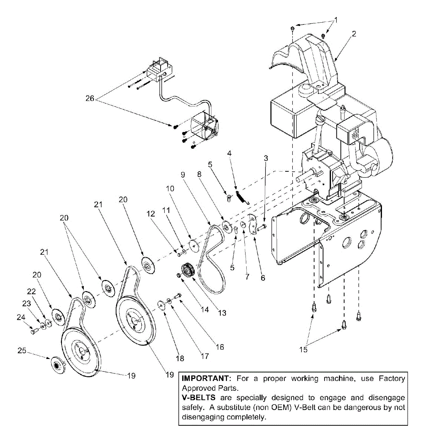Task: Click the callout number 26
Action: click(x=90, y=99)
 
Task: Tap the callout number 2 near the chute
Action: click(x=354, y=34)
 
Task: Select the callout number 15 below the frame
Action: click(x=303, y=349)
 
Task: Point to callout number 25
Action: click(x=22, y=350)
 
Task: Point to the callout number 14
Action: click(x=205, y=309)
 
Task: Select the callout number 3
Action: click(x=266, y=158)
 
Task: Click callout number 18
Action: click(x=180, y=358)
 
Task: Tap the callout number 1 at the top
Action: click(x=336, y=19)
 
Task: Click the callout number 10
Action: click(x=170, y=189)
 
